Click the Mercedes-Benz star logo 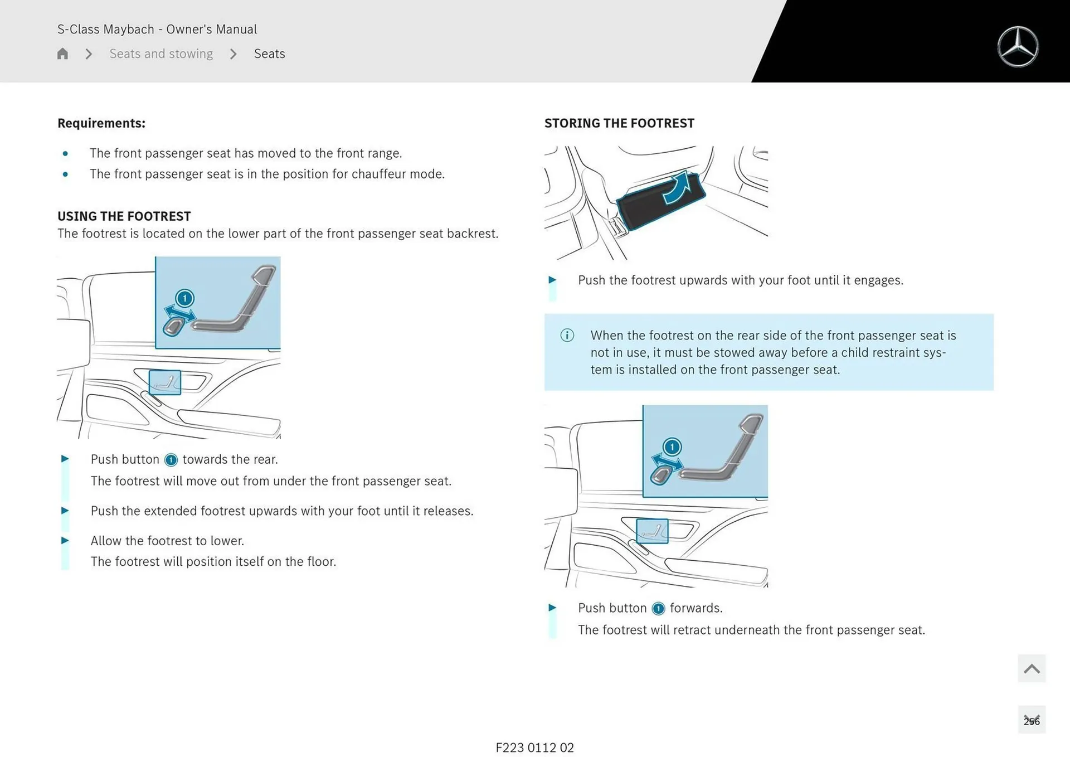[1018, 47]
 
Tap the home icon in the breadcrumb [62, 54]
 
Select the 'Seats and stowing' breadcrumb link [161, 54]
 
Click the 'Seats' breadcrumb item [269, 54]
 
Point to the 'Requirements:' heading [101, 123]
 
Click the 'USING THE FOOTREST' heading [124, 216]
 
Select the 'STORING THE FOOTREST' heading [619, 123]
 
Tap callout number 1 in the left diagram [184, 298]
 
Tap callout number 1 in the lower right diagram [672, 447]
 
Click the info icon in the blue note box [567, 335]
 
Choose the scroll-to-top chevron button [1031, 668]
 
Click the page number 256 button [1031, 720]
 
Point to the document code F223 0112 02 [534, 748]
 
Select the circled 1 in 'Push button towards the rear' [171, 460]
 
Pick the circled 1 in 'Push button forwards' [658, 608]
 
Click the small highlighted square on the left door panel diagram [165, 382]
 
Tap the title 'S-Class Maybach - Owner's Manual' [157, 29]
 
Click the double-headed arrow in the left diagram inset [179, 313]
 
